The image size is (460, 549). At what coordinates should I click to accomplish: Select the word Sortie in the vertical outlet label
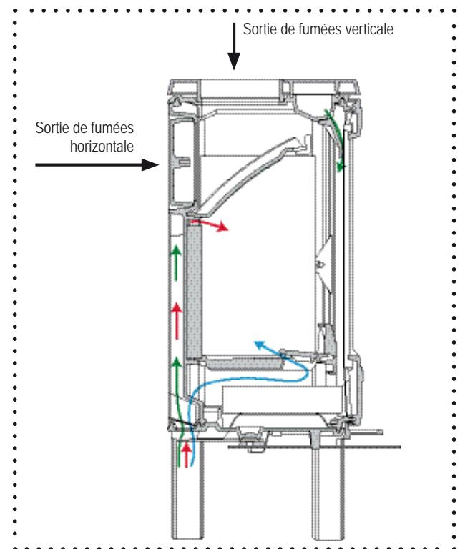(x=259, y=30)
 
